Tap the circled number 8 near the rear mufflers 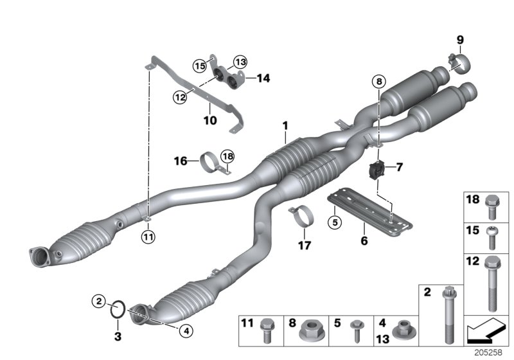pos(378,82)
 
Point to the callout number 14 pos(263,78)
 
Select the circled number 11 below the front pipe pos(148,237)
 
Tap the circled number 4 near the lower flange pos(186,332)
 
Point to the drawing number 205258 pos(489,353)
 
